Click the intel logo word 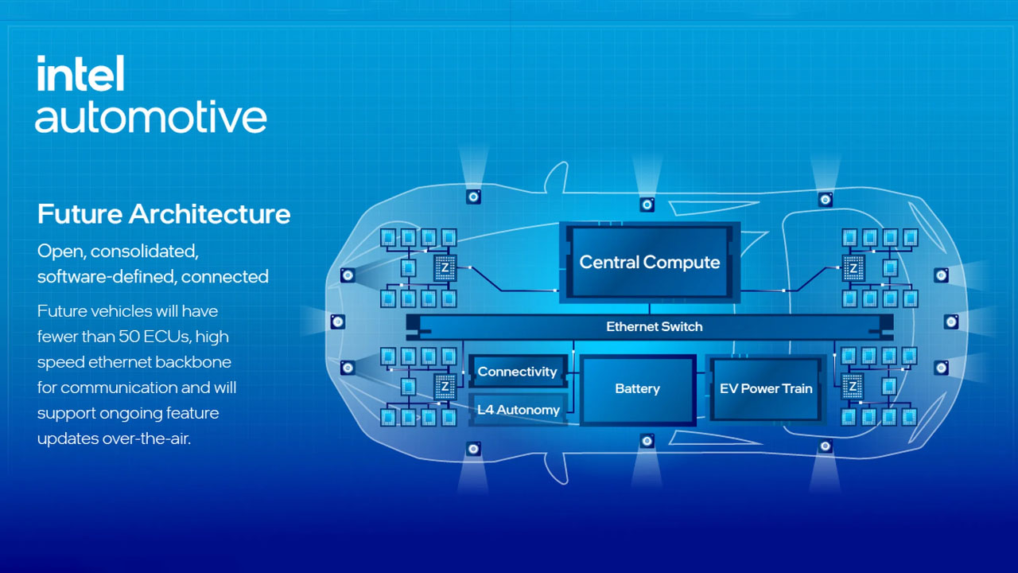80,74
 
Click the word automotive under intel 150,116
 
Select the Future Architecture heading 164,214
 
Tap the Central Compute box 650,263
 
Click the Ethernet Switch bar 650,326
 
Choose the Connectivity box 518,372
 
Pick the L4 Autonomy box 518,410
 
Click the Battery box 638,389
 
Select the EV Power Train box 766,389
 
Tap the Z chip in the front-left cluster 445,268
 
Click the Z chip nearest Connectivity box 445,387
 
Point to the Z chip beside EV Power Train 853,387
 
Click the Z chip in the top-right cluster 853,268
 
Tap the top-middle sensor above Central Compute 647,205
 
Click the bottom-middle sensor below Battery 647,441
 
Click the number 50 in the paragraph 129,337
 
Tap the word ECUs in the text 167,337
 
